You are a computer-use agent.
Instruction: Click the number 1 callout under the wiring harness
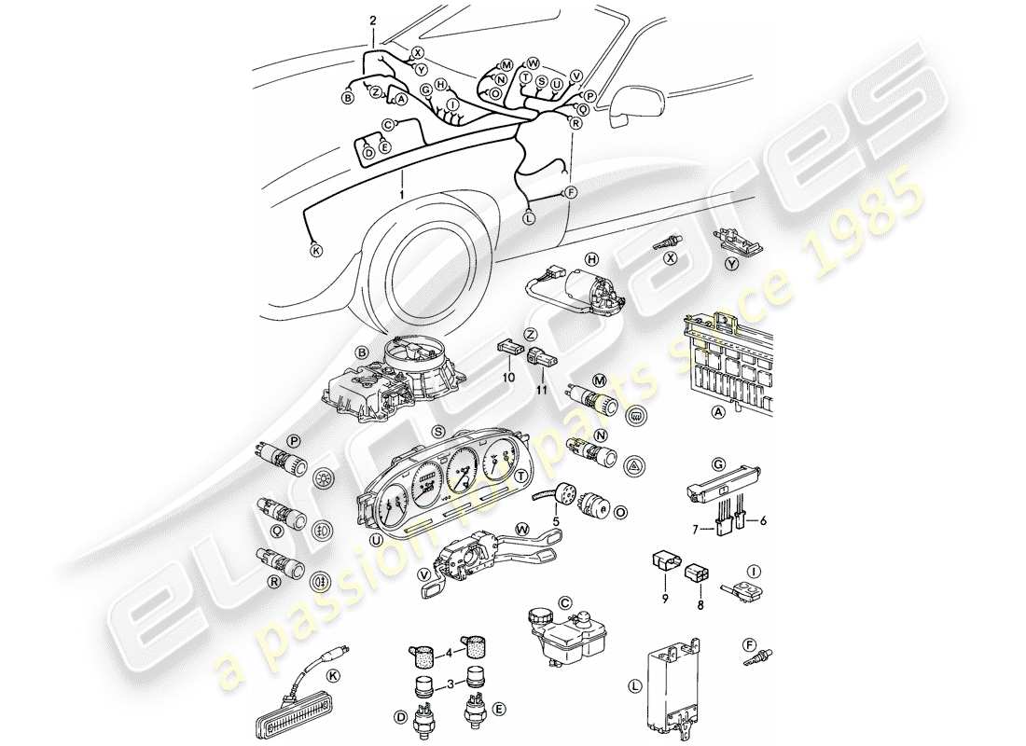click(401, 194)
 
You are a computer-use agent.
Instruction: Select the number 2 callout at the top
click(373, 20)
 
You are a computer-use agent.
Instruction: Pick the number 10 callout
click(508, 377)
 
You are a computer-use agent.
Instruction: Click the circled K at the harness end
click(316, 250)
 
